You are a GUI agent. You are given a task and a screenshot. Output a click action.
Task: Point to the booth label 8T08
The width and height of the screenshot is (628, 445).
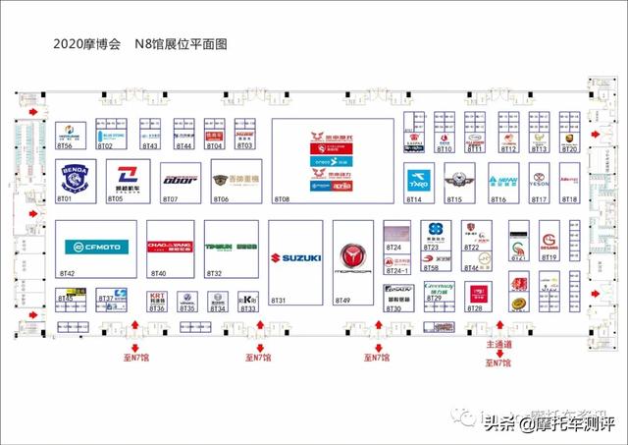tap(282, 199)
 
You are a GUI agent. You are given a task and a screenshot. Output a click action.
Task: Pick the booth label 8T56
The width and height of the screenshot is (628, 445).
tap(66, 146)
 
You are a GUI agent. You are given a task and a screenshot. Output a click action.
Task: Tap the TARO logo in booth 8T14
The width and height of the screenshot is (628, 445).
tap(416, 181)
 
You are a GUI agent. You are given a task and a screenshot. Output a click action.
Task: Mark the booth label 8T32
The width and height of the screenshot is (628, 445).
tap(214, 273)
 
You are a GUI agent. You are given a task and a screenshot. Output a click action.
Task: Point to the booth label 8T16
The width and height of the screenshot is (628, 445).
tap(497, 199)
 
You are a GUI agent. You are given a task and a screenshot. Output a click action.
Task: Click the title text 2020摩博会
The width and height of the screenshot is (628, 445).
tap(87, 45)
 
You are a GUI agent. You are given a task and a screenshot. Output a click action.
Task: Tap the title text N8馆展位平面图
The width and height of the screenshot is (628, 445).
tap(181, 45)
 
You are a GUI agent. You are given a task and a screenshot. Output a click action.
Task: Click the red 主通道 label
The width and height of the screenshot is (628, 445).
tap(498, 346)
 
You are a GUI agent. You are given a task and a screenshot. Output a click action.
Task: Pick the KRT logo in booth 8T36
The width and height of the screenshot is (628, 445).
tap(155, 296)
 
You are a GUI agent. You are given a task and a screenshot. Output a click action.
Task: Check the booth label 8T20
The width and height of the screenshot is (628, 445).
tap(569, 148)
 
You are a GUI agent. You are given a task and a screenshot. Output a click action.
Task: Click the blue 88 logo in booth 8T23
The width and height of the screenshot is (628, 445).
tap(431, 238)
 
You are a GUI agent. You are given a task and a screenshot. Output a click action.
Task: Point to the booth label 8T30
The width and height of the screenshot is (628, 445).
tap(393, 309)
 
